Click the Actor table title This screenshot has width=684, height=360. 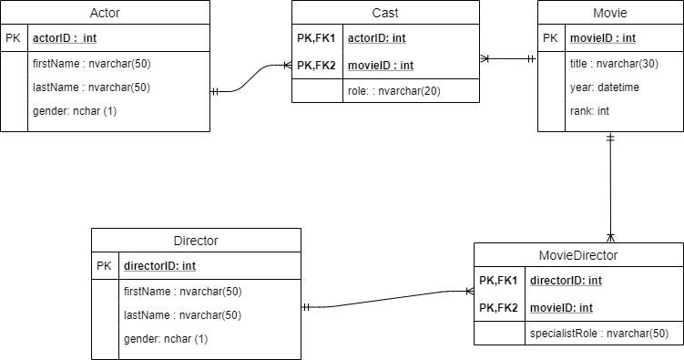105,13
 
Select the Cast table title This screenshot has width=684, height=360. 385,13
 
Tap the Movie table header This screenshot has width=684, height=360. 609,13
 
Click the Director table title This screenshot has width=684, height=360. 196,242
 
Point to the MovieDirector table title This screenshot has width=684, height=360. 578,255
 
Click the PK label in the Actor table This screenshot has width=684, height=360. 13,39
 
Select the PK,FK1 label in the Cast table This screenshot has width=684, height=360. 316,39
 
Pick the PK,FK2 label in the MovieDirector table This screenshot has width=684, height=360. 498,308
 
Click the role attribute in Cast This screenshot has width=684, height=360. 394,91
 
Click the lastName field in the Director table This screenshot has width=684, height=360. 182,315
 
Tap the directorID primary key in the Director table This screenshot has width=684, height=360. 159,266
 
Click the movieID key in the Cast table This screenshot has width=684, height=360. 381,65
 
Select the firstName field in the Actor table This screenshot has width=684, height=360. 91,64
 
